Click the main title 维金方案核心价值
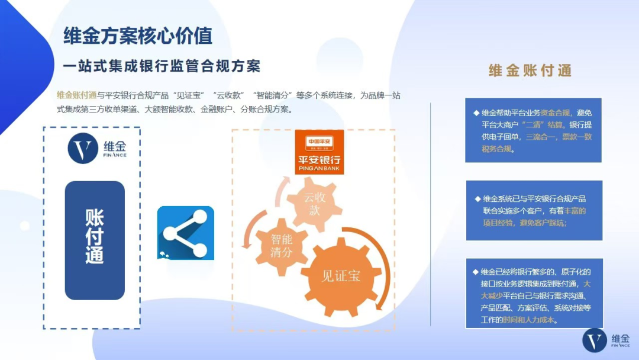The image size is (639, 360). click(138, 36)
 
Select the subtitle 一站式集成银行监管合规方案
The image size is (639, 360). click(162, 66)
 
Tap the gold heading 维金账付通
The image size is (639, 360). click(530, 70)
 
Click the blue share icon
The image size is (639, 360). click(185, 233)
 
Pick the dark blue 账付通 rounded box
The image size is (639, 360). click(95, 240)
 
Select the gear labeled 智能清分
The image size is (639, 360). click(282, 246)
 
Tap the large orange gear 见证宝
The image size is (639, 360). click(340, 277)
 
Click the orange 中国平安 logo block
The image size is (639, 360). click(319, 153)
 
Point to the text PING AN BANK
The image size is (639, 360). click(319, 169)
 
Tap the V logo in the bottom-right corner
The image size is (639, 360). click(595, 340)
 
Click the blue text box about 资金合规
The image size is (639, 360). click(533, 130)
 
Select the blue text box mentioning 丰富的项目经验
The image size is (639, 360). click(534, 210)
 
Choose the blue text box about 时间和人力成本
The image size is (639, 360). click(534, 293)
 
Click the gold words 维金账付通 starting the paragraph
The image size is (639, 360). click(77, 95)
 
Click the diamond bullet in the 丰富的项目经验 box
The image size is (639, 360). click(477, 199)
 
